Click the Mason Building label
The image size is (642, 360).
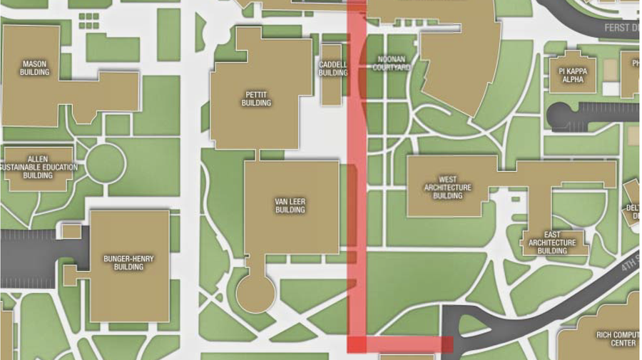tap(34, 68)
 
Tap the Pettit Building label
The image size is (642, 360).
tap(256, 98)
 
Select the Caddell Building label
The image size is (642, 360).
tap(333, 68)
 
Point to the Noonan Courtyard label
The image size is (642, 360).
tap(392, 63)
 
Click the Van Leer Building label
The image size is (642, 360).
tap(290, 206)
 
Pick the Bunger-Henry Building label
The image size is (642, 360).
tap(128, 262)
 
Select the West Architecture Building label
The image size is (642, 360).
tap(447, 187)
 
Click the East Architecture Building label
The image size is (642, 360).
tap(552, 242)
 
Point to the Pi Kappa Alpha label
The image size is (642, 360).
tap(573, 75)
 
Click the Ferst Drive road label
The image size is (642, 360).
tap(621, 28)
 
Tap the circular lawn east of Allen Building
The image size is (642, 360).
tap(106, 165)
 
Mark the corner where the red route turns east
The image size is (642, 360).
tap(357, 344)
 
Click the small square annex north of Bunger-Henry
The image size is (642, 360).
tap(71, 231)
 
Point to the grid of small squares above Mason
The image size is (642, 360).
tap(89, 20)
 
